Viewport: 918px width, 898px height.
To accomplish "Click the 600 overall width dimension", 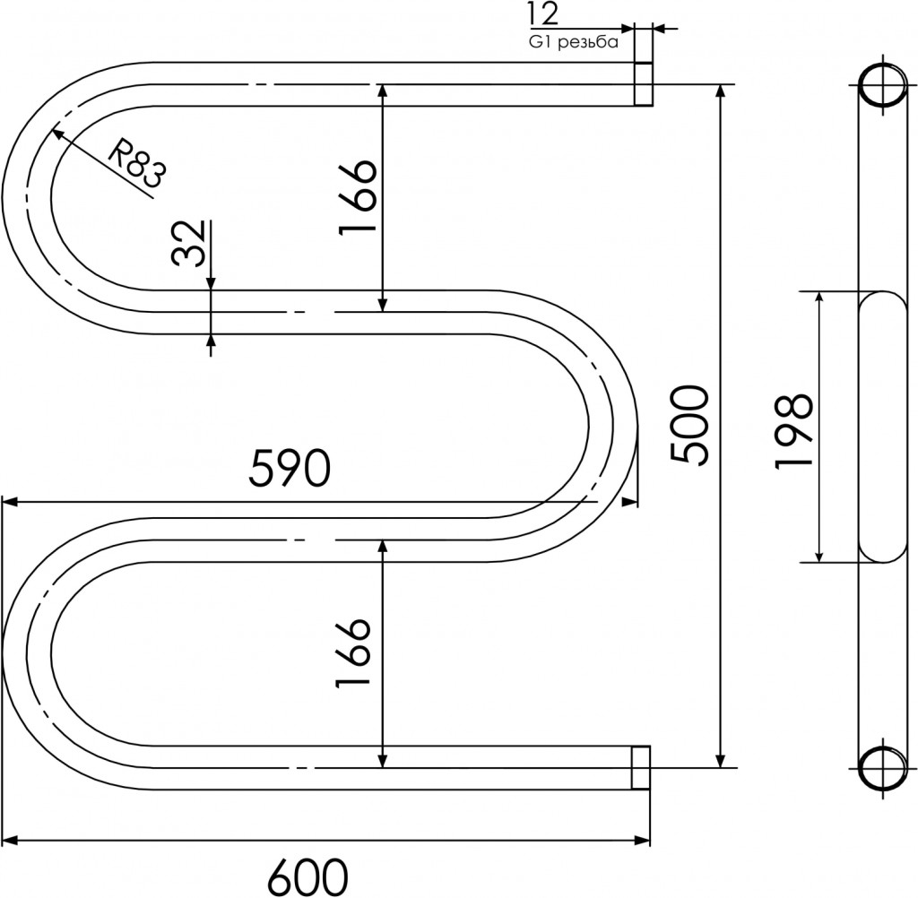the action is click(307, 876).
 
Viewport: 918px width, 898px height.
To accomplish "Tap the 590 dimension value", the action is click(290, 468).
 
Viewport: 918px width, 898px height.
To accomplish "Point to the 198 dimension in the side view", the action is click(793, 431).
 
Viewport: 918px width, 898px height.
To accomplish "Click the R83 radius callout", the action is click(138, 163).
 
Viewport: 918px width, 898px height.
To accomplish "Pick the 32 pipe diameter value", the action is click(189, 243).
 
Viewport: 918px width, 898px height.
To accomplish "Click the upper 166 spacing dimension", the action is click(357, 196).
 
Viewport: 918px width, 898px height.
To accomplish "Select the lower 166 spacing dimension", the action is click(352, 652).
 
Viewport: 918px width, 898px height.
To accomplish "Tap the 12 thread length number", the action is click(543, 14).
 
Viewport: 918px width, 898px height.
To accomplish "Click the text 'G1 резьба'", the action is click(574, 42).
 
